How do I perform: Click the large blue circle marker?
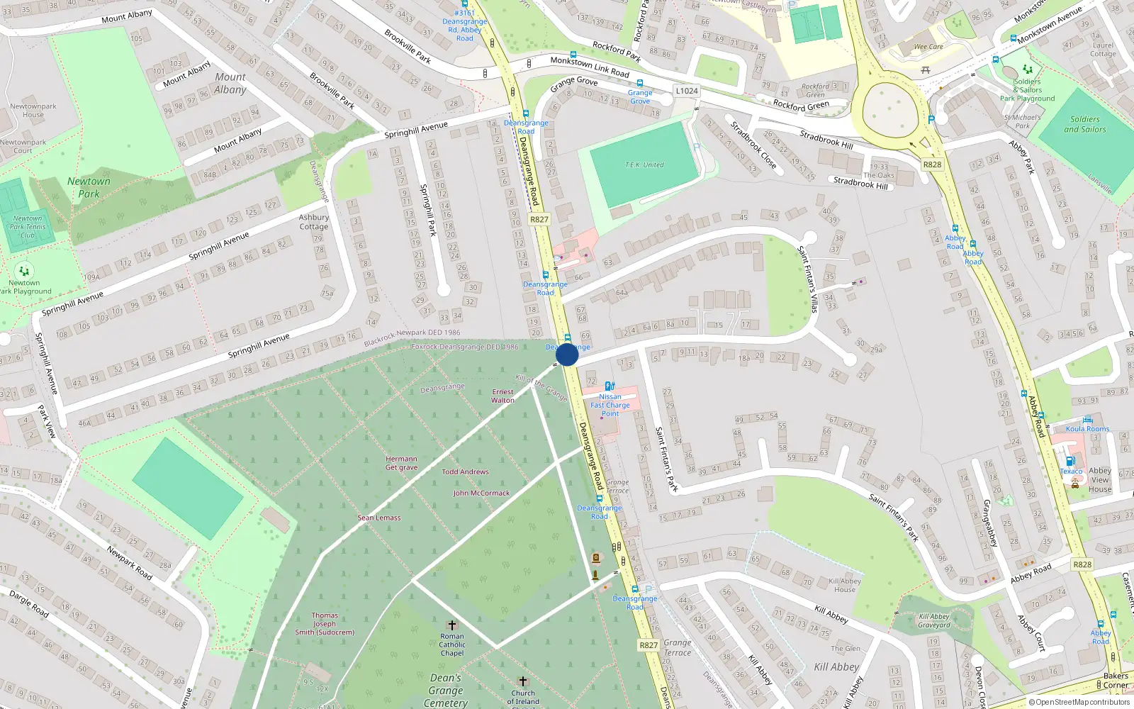pyautogui.click(x=567, y=354)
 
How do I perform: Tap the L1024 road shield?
pyautogui.click(x=686, y=91)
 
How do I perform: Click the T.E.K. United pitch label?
pyautogui.click(x=644, y=164)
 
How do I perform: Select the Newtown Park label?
pyautogui.click(x=89, y=187)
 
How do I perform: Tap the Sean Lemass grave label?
pyautogui.click(x=378, y=518)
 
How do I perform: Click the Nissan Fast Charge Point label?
pyautogui.click(x=610, y=405)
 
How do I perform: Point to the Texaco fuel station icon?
pyautogui.click(x=1070, y=462)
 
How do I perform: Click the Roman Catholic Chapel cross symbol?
pyautogui.click(x=451, y=625)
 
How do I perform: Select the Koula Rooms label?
pyautogui.click(x=1087, y=428)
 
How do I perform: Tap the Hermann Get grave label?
pyautogui.click(x=401, y=463)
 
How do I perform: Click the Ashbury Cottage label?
pyautogui.click(x=313, y=222)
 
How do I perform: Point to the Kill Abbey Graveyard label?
pyautogui.click(x=933, y=620)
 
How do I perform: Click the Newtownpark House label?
pyautogui.click(x=33, y=110)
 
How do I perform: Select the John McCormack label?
pyautogui.click(x=481, y=493)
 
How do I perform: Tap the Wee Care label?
pyautogui.click(x=928, y=47)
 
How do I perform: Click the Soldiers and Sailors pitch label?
pyautogui.click(x=1084, y=124)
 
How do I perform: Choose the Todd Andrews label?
pyautogui.click(x=465, y=471)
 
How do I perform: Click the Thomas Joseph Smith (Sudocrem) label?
pyautogui.click(x=325, y=624)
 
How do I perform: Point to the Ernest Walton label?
pyautogui.click(x=503, y=396)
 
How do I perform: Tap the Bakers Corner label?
pyautogui.click(x=1115, y=680)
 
